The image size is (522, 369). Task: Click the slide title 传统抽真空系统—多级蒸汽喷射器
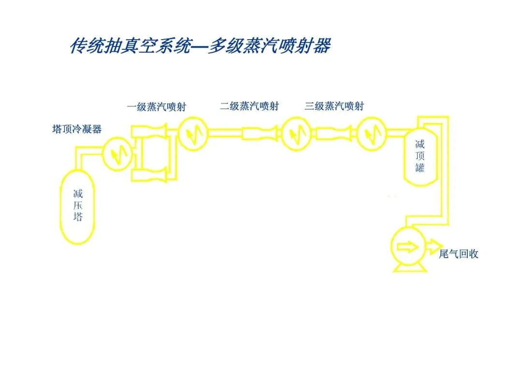(x=200, y=46)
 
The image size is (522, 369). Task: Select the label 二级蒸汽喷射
(x=249, y=106)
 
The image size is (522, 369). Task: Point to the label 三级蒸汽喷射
(x=334, y=106)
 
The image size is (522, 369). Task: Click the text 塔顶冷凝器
(x=77, y=129)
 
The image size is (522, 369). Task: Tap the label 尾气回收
(x=458, y=254)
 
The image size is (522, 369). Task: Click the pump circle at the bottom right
(x=408, y=247)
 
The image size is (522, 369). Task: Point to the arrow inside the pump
(x=407, y=247)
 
